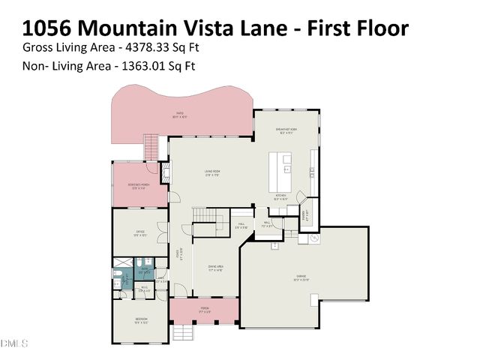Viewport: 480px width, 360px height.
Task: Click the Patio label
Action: tap(179, 115)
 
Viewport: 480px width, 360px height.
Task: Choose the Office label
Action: tap(140, 232)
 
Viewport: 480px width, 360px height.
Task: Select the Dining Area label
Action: tap(215, 267)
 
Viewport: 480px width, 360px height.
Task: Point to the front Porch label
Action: tap(204, 308)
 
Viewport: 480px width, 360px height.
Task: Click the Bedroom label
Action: tap(140, 320)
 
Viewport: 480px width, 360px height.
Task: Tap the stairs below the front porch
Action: tap(183, 331)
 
